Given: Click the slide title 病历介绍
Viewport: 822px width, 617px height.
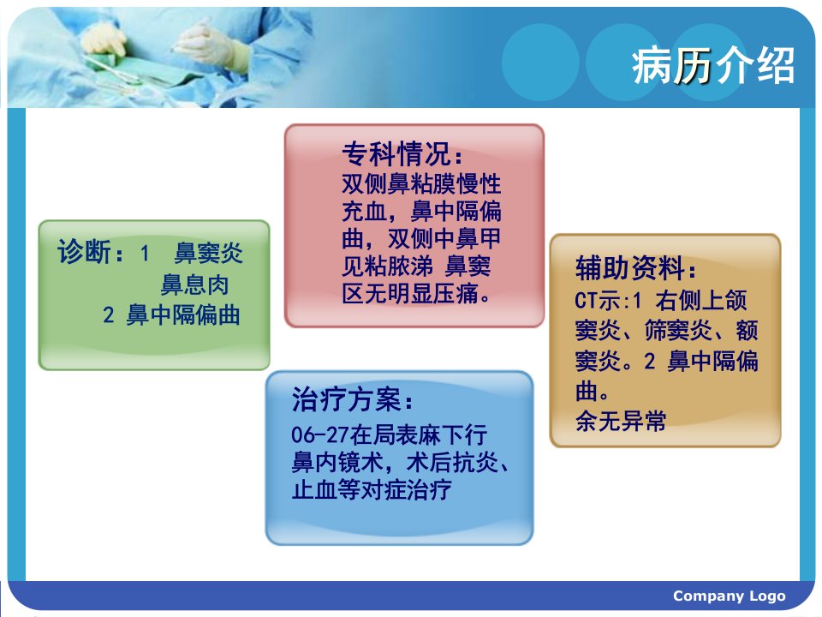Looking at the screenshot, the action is (713, 66).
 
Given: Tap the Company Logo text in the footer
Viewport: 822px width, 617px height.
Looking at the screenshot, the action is (730, 596).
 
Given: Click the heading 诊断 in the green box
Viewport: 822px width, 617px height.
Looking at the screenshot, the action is (84, 251).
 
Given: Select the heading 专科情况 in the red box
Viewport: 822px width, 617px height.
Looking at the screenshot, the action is (396, 153).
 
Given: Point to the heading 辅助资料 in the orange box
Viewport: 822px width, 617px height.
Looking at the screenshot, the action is (629, 267).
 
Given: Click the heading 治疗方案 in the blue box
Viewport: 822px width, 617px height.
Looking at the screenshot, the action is (347, 399).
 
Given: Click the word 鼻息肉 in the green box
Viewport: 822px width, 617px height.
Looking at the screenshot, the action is (194, 285).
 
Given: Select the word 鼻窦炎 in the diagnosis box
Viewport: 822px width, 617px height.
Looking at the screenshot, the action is (209, 253).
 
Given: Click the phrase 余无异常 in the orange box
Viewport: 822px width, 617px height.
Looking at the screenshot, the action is (621, 421).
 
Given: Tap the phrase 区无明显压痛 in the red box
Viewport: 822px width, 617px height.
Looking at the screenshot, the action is (411, 293).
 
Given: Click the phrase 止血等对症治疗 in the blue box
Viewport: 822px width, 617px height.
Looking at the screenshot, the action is (372, 490).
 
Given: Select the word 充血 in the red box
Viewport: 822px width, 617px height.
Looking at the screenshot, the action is (365, 212).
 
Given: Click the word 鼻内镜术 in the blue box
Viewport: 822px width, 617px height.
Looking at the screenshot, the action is (337, 462).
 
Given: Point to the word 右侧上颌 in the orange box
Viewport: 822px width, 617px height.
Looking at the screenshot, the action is (701, 301).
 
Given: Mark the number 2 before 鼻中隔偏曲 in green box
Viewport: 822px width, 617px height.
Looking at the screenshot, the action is (108, 316).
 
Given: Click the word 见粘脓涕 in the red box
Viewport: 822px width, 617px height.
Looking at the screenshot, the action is (387, 266).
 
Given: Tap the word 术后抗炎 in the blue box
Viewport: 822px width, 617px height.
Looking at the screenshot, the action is (452, 462).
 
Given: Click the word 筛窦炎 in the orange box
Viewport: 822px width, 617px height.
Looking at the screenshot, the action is (678, 331).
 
